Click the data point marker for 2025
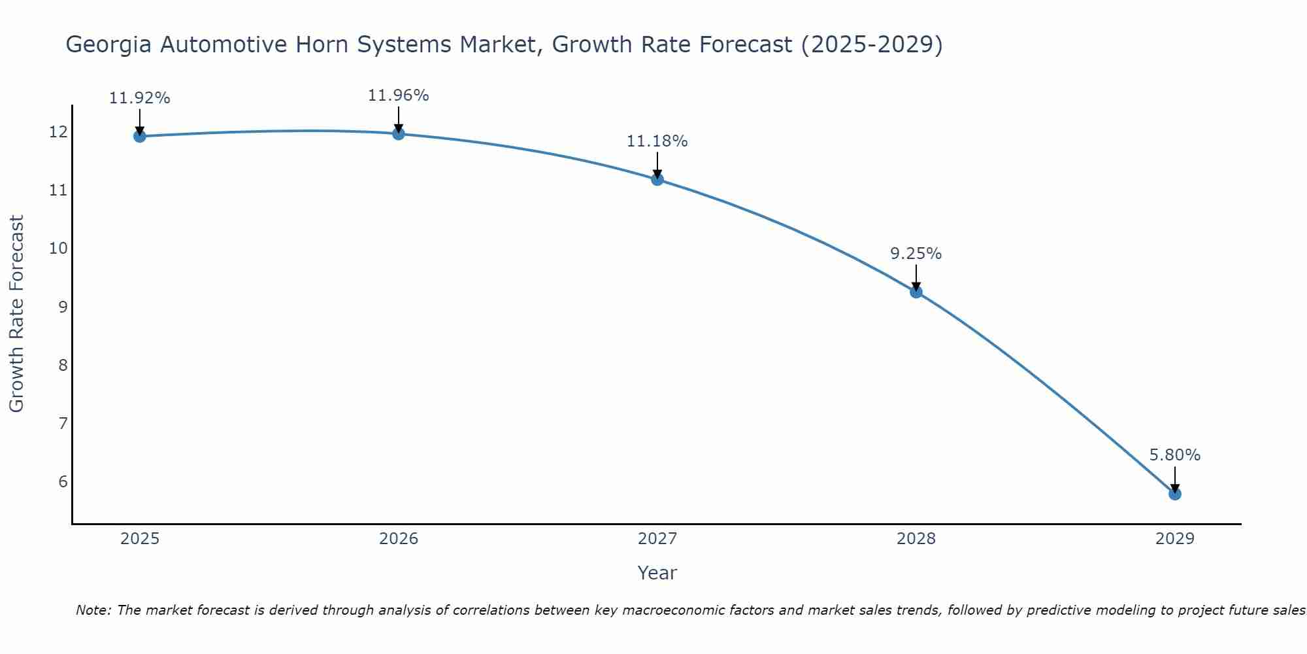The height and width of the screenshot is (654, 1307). point(139,136)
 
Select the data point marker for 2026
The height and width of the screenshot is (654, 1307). point(399,134)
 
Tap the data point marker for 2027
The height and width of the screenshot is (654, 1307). point(657,179)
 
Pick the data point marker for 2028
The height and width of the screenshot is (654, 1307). point(916,292)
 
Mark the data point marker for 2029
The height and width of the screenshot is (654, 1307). point(1175,494)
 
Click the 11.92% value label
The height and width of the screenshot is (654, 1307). point(139,98)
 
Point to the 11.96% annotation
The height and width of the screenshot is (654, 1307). point(399,95)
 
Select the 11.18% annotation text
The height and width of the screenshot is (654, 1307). point(657,141)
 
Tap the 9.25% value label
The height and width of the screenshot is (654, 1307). point(916,254)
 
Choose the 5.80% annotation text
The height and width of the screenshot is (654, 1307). point(1175,455)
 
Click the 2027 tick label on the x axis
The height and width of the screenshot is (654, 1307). point(657,539)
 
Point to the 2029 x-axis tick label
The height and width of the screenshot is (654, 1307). point(1175,539)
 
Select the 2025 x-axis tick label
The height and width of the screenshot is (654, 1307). point(140,539)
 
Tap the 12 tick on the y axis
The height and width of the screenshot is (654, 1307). point(58,132)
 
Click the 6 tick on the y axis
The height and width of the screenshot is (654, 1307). point(63,482)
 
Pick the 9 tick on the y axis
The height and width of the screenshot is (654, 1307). point(63,307)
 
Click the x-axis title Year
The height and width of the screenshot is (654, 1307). point(657,573)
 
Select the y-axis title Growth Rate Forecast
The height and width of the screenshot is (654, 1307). point(16,314)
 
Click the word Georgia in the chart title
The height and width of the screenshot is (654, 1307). point(109,45)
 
